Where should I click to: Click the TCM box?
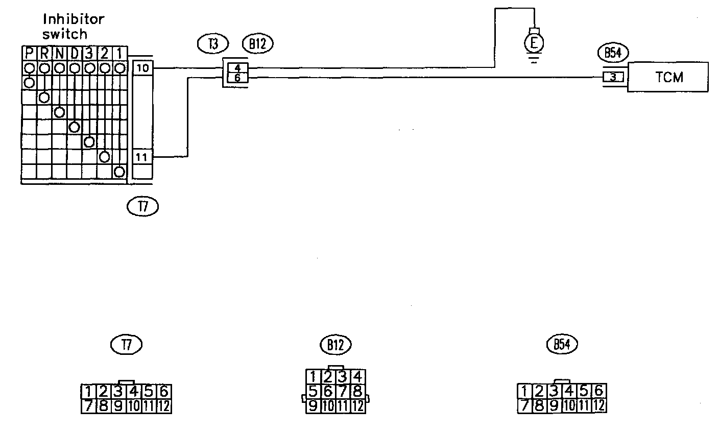(668, 77)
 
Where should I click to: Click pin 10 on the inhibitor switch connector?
(142, 67)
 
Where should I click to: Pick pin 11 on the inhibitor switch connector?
(142, 157)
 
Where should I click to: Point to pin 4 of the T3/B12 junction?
(237, 67)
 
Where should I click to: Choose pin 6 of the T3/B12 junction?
(237, 78)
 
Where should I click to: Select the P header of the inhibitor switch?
(29, 53)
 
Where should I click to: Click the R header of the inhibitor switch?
(44, 53)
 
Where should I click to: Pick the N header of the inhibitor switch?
(59, 53)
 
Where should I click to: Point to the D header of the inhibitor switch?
(75, 53)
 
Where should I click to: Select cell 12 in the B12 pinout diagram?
(358, 406)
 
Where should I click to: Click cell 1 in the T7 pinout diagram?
(89, 392)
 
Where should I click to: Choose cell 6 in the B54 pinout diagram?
(599, 391)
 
